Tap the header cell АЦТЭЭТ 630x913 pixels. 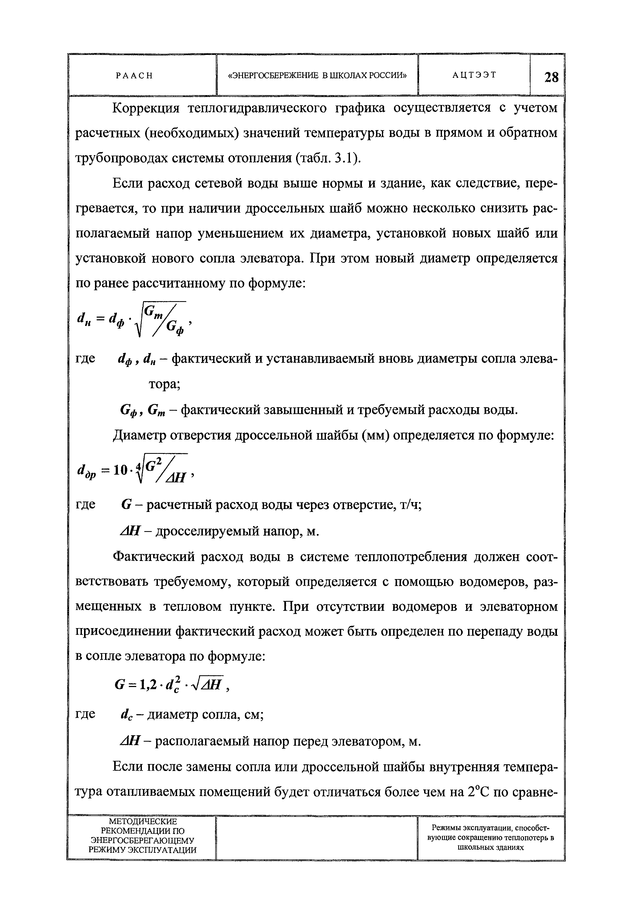click(x=474, y=75)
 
